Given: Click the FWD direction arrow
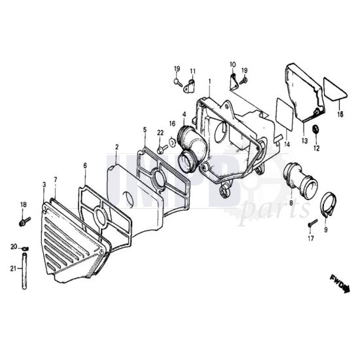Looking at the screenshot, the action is tap(340, 284).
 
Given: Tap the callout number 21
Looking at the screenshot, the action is tap(13, 268).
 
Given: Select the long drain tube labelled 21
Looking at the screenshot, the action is tap(24, 271).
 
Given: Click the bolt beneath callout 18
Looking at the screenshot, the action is tap(25, 222).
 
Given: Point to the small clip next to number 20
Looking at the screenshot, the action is tap(26, 249).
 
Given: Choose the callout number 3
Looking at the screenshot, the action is tap(44, 185).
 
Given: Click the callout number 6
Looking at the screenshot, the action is tap(85, 166).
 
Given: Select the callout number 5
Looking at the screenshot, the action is tap(145, 130).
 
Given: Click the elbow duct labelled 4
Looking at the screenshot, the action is tap(192, 147).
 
